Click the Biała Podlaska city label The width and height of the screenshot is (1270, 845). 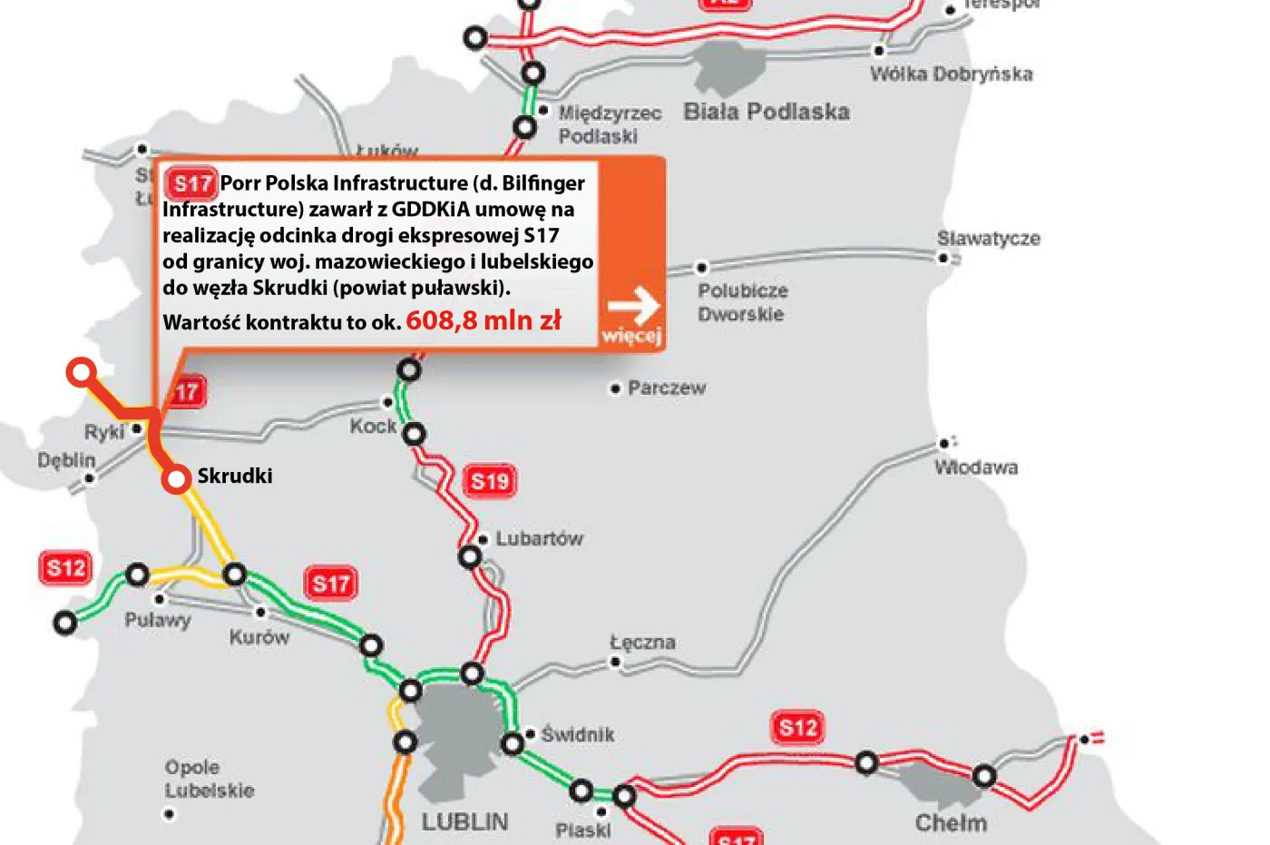[767, 113]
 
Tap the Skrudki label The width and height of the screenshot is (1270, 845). [235, 476]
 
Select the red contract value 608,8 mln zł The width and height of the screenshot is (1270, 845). [484, 320]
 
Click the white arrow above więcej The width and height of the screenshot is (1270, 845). [633, 306]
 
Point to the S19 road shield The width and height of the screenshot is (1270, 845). [490, 481]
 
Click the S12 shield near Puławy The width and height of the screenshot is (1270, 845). [66, 568]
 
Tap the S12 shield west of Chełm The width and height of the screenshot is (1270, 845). [798, 727]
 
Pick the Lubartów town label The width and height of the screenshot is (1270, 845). [539, 538]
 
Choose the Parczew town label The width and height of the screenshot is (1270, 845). [667, 388]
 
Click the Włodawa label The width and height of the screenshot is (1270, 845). [976, 467]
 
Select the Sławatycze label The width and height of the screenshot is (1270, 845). [989, 239]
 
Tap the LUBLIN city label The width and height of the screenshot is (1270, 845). [464, 822]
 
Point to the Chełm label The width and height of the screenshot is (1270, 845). [951, 823]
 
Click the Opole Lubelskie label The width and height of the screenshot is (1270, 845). [210, 779]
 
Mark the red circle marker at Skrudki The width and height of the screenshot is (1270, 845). [176, 478]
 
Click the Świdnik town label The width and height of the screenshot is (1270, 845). [578, 734]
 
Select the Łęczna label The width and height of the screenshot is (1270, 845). [642, 643]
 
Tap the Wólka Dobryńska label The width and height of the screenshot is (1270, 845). [952, 74]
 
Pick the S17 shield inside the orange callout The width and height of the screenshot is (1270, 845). [192, 184]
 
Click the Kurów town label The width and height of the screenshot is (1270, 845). [259, 637]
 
